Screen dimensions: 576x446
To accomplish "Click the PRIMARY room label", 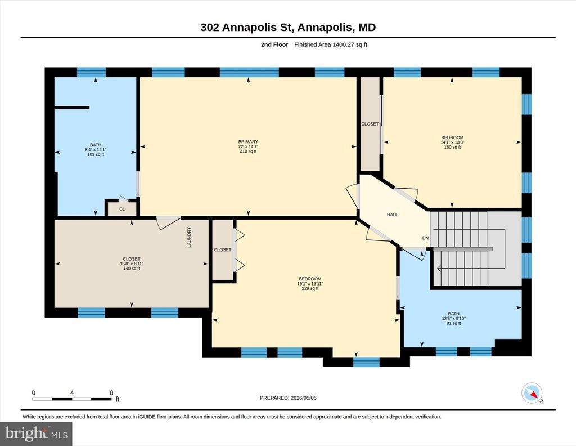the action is click(x=248, y=141).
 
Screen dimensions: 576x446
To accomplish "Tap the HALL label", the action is click(x=392, y=215).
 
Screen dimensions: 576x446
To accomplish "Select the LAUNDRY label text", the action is click(x=190, y=237).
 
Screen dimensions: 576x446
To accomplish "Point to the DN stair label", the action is click(x=425, y=238).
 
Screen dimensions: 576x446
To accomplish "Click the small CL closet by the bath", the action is click(x=122, y=209).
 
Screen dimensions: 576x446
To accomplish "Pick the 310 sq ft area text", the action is click(x=248, y=151).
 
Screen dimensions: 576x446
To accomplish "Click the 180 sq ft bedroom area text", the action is click(x=452, y=147).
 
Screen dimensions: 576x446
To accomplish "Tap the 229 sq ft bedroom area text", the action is click(x=310, y=288).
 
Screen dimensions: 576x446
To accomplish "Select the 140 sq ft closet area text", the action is click(x=132, y=269).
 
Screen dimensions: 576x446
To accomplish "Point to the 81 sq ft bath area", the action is click(x=454, y=323).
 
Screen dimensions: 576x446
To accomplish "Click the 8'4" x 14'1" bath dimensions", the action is click(x=96, y=150).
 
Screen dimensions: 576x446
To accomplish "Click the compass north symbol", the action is click(x=532, y=393).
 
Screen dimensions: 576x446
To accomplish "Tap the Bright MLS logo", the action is click(x=36, y=434).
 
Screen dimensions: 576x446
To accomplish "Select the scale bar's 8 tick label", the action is click(x=111, y=393).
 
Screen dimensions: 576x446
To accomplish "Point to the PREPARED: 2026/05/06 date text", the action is click(x=288, y=398).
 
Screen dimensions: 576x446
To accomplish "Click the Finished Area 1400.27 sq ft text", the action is click(x=331, y=44).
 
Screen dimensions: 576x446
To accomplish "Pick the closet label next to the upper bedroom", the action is click(x=370, y=124).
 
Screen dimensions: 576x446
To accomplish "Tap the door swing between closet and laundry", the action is click(x=168, y=222).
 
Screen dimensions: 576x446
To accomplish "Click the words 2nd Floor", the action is click(x=274, y=44).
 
